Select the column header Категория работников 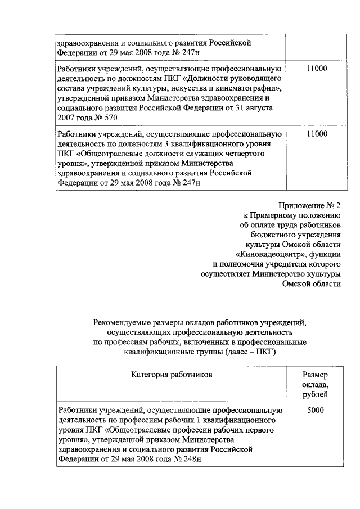(172, 373)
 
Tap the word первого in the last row (262, 430)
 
